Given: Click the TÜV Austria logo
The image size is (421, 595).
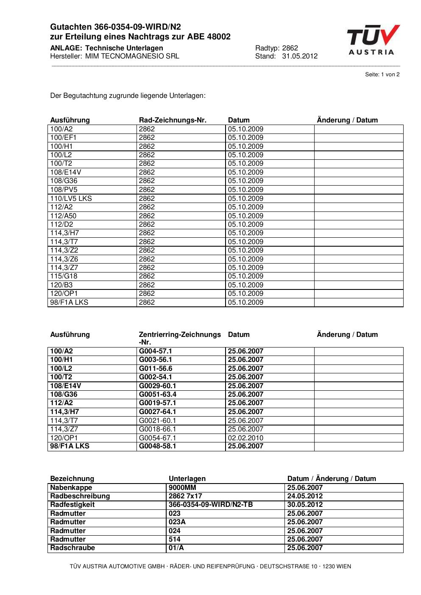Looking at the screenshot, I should click(x=373, y=40).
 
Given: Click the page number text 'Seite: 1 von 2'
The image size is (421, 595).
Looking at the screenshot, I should click(x=382, y=75).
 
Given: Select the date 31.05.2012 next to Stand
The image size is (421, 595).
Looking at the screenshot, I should click(x=299, y=56).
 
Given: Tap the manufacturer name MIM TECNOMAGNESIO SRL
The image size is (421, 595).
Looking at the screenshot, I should click(x=132, y=56).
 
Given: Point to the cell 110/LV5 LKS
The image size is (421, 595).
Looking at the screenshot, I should click(x=71, y=198).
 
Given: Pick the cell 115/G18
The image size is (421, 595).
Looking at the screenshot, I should click(x=64, y=276).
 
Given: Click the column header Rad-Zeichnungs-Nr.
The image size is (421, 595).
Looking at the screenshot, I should click(x=173, y=120).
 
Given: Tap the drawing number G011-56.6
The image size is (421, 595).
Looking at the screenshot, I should click(x=156, y=368).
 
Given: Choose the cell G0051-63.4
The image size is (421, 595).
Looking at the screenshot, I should click(x=157, y=394).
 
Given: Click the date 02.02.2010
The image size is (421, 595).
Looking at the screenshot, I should click(x=245, y=438).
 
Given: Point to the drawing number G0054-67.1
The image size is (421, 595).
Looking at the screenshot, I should click(x=157, y=438).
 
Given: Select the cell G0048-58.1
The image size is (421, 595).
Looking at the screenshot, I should click(x=157, y=446).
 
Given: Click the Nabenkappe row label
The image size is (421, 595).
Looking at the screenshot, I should click(x=71, y=487).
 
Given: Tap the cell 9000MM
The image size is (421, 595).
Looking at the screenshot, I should click(x=182, y=487).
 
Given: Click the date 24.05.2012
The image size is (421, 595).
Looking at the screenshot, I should click(x=305, y=496).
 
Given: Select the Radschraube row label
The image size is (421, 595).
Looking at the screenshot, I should click(x=72, y=548).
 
